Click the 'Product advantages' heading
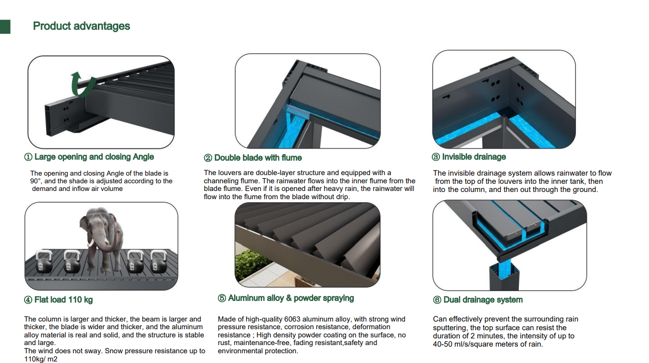click(81, 26)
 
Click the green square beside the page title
click(5, 27)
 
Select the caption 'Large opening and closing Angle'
click(94, 157)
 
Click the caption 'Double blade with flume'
click(258, 158)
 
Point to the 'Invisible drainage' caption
click(474, 157)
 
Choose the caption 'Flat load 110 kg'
click(64, 300)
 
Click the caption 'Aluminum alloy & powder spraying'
click(291, 298)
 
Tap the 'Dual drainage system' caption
click(483, 300)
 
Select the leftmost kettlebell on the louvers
click(44, 262)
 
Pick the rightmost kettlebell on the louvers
click(158, 262)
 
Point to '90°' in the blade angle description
click(35, 181)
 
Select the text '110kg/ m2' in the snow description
click(41, 359)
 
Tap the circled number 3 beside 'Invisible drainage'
click(436, 157)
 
